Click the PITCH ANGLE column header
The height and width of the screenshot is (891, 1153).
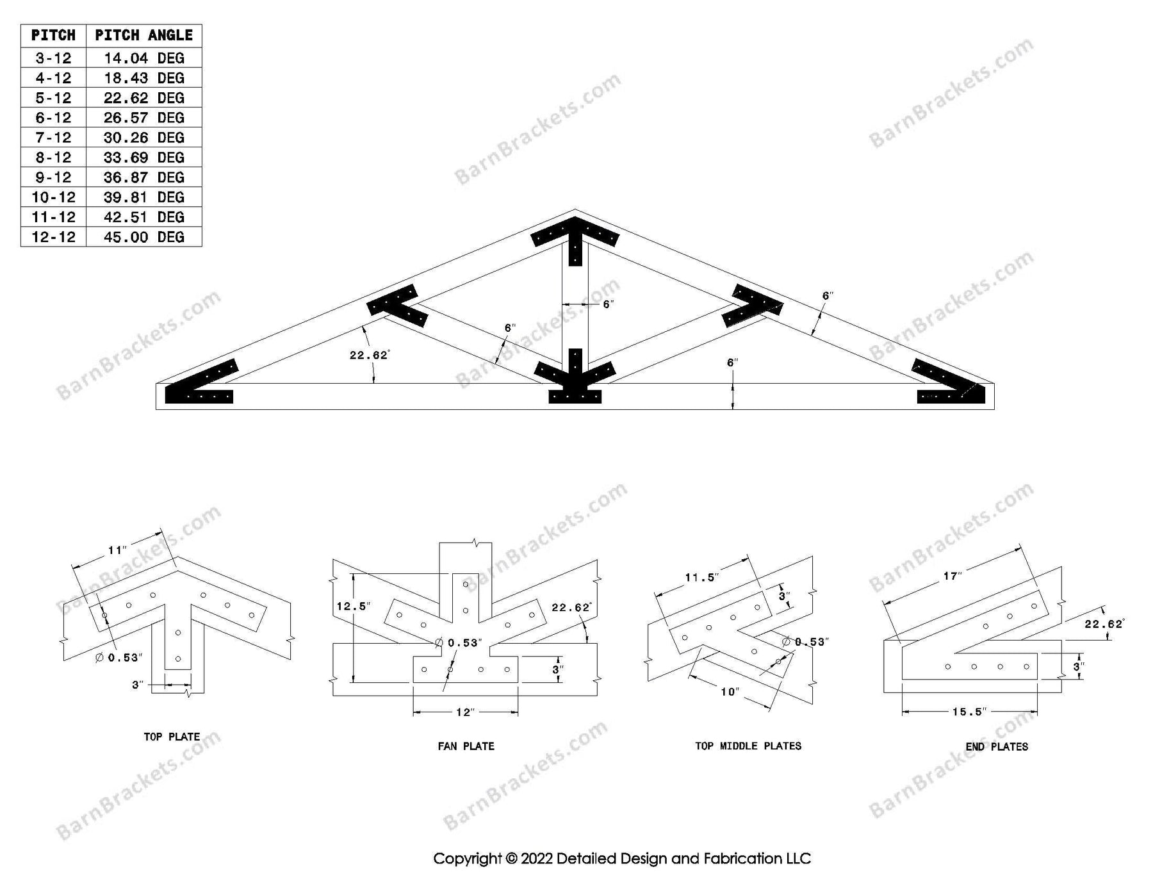point(143,35)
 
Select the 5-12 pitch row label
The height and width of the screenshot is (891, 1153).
point(53,98)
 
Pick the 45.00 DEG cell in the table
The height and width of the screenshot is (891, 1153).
point(143,237)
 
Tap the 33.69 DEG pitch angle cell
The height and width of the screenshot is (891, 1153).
point(143,158)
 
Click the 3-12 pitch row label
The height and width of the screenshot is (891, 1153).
point(53,58)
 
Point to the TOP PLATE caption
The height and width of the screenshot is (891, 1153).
point(172,737)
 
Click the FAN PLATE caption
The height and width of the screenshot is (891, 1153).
point(466,746)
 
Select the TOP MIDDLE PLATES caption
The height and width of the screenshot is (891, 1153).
point(748,746)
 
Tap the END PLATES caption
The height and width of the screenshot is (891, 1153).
point(997,747)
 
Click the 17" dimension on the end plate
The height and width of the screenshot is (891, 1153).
point(952,576)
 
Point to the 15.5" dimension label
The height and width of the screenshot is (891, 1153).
point(969,712)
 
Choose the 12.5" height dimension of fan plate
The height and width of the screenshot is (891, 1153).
point(354,606)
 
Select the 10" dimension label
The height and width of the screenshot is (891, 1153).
point(730,692)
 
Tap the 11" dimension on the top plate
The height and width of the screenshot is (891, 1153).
point(117,550)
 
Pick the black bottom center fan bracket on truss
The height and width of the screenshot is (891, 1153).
point(575,381)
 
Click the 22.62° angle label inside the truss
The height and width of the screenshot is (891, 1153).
point(370,356)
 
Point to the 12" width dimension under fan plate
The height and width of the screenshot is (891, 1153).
point(465,712)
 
